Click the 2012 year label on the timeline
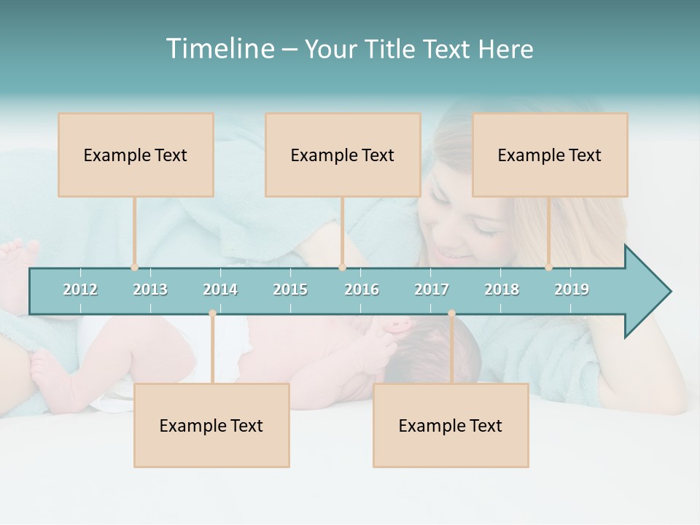click(80, 289)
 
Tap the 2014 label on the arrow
click(220, 289)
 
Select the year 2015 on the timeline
click(290, 289)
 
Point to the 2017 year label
click(432, 289)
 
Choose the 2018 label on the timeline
click(502, 289)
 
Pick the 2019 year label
click(572, 289)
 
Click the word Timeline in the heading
click(219, 49)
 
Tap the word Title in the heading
click(390, 49)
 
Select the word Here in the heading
click(505, 49)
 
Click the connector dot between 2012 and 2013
click(134, 268)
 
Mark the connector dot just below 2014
click(212, 314)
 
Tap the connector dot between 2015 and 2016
click(342, 268)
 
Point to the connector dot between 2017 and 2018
click(451, 314)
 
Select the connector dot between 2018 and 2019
click(549, 268)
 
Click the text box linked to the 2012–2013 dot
click(136, 155)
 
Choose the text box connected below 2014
click(211, 425)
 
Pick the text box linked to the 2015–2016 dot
click(343, 155)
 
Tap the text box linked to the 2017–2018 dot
click(451, 425)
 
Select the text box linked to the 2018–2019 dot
click(550, 155)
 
